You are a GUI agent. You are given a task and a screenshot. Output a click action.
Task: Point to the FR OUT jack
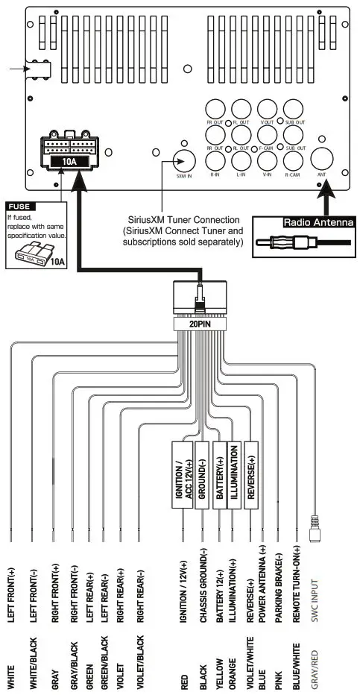[215, 109]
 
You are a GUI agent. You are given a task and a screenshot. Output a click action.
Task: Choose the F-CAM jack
[266, 134]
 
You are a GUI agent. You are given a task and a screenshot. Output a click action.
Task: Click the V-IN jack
[266, 159]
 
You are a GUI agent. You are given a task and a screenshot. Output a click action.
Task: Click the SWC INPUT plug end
[315, 532]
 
